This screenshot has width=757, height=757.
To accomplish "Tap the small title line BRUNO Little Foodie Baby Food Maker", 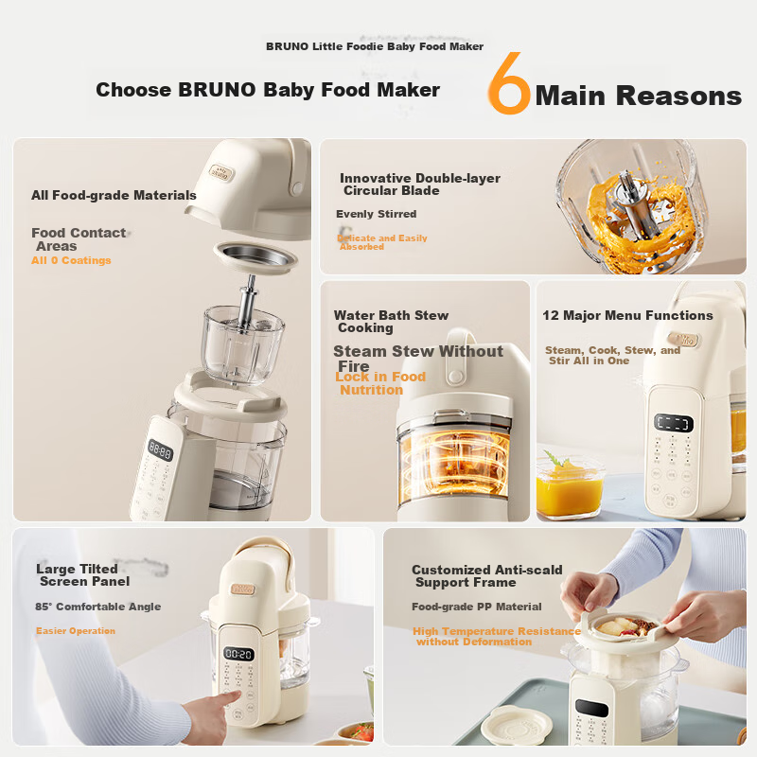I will tap(375, 46).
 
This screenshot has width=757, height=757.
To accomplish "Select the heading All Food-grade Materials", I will tap(114, 196).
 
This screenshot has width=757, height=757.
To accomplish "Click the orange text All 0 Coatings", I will tap(71, 260).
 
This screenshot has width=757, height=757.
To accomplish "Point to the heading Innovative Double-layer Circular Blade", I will tap(419, 185).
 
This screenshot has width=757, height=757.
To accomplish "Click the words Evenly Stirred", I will tap(376, 215).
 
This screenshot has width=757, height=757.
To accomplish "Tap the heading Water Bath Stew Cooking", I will tap(391, 322).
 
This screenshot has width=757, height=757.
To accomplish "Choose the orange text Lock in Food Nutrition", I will tap(380, 383).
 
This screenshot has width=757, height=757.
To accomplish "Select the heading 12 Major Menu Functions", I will tap(627, 315).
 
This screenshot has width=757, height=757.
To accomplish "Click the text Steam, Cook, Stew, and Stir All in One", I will tap(612, 355).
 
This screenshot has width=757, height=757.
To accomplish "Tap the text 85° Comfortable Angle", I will tap(98, 607).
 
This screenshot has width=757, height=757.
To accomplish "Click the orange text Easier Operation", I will tap(76, 631).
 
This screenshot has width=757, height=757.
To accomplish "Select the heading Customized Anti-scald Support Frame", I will tap(486, 576).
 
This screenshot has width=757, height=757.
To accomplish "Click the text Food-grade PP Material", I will tap(477, 607).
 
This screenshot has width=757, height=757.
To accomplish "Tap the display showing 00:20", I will tap(238, 654).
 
